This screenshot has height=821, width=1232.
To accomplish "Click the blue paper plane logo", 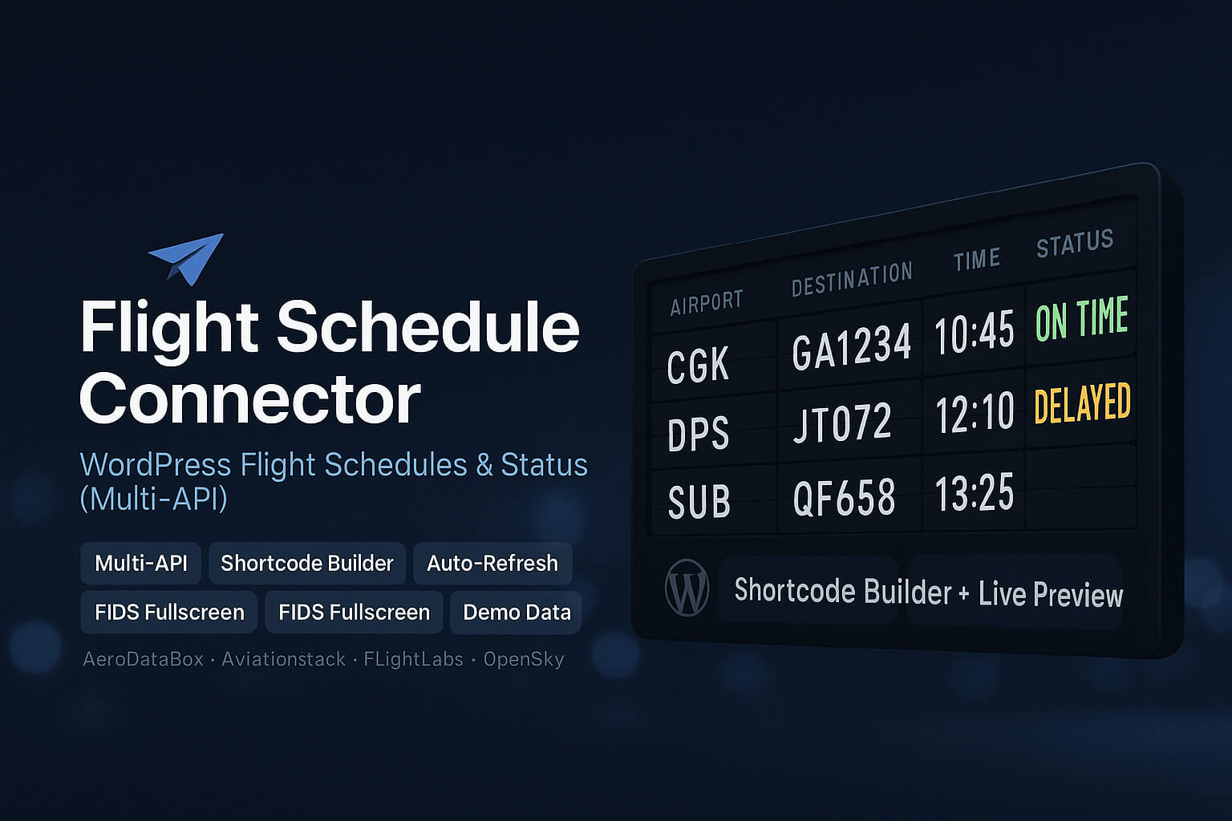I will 188,257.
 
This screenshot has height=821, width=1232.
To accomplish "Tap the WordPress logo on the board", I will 687,588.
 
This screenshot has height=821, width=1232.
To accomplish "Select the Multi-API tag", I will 141,563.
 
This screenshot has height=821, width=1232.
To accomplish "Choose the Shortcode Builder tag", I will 307,563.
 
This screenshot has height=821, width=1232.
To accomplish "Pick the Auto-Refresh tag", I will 492,563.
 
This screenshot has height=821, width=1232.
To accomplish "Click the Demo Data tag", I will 517,613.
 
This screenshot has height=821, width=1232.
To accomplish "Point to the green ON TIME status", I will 1081,318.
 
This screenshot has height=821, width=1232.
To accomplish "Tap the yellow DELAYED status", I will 1082,403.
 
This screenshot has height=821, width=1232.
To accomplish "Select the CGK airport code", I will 698,366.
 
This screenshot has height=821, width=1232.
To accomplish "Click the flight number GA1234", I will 851,347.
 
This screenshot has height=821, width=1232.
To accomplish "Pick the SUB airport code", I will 699,503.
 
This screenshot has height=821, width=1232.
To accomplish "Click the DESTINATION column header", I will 852,278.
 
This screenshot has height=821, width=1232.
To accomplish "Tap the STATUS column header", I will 1075,243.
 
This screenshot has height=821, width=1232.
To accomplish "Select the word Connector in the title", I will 250,398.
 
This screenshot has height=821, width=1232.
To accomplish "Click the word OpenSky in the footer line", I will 524,659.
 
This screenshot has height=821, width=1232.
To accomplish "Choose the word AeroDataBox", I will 144,659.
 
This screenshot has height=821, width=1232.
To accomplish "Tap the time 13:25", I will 975,492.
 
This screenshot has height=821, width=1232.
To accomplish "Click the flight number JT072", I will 842,423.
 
